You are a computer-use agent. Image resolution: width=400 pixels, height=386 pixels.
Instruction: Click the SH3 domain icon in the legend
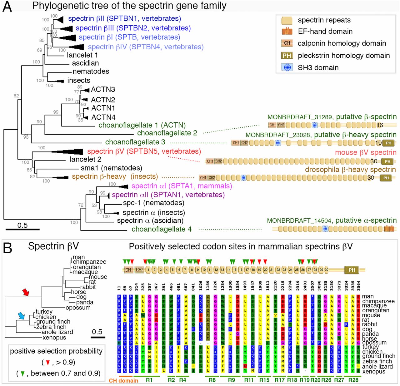point(287,67)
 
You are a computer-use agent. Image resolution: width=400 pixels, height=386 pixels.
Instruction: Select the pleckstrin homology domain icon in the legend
point(287,56)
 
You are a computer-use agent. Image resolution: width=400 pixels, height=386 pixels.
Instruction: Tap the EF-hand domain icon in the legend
point(287,31)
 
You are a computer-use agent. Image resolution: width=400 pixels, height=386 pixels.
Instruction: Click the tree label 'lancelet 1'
point(82,55)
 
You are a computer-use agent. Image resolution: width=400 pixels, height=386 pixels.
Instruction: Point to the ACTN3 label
point(103,90)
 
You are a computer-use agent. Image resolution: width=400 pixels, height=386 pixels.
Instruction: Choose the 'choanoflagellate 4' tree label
point(161,229)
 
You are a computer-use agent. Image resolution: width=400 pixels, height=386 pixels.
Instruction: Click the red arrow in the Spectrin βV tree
point(26,292)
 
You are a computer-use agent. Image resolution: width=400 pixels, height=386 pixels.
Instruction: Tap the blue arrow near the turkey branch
point(21,316)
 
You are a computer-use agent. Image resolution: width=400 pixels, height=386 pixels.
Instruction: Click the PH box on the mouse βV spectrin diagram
point(387,161)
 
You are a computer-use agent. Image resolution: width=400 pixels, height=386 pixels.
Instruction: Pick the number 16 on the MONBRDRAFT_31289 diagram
point(380,125)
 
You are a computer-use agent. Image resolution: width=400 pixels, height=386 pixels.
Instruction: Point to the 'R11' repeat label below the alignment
point(249,380)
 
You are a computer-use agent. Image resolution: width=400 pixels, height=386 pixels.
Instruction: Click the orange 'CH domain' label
point(123,380)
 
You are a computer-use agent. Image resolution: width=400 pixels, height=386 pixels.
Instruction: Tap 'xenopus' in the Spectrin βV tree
point(54,338)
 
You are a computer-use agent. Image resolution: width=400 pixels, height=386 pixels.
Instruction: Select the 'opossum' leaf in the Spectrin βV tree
point(78,308)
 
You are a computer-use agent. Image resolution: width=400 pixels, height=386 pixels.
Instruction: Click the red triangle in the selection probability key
point(48,363)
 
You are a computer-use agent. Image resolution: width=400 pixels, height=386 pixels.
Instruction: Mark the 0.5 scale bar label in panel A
point(22,225)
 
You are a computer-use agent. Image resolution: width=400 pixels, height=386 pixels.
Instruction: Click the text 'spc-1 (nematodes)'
point(153,203)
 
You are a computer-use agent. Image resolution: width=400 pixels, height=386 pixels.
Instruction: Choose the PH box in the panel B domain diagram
point(352,270)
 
